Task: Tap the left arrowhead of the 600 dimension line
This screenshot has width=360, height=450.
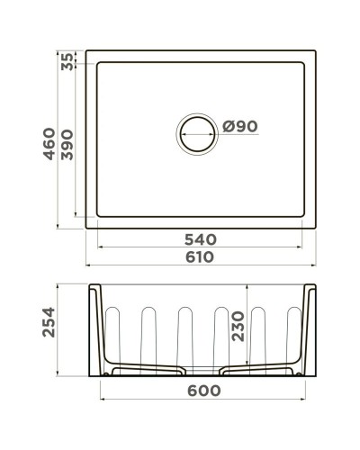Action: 101,400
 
